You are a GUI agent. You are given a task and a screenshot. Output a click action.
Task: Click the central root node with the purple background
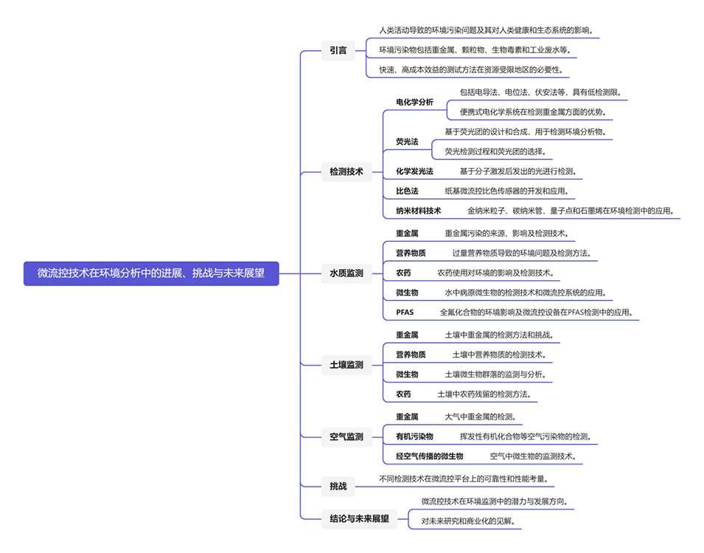coord(151,274)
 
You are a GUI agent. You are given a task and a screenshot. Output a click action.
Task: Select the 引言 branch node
coord(338,51)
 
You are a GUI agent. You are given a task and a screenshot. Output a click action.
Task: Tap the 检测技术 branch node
coord(346,172)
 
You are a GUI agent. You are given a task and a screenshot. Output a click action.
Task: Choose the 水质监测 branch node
coord(346,274)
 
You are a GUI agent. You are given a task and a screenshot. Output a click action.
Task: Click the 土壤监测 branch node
coord(346,364)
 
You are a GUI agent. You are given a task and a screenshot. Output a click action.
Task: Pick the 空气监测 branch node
coord(346,437)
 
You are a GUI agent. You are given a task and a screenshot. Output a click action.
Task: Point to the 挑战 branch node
coord(338,485)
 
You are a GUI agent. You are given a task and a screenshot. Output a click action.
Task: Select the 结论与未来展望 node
coord(359,518)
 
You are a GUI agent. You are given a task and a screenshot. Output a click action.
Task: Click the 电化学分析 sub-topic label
coord(414,102)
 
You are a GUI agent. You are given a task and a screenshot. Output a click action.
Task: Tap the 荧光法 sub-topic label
coord(407,142)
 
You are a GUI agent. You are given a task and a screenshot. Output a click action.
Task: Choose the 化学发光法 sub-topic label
coord(414,171)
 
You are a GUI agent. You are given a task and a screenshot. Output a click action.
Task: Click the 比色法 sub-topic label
coord(407,191)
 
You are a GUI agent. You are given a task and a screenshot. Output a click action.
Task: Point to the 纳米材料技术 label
coord(418,211)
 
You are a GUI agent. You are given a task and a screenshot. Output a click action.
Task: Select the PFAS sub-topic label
coord(405,313)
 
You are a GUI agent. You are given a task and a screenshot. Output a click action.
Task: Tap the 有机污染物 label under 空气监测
coord(414,437)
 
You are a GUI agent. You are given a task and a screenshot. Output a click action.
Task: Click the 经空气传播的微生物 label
coord(429,456)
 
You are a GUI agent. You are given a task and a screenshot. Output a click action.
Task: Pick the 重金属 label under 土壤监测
coord(407,335)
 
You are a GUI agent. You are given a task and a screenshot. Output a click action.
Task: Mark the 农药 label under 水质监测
coord(403,273)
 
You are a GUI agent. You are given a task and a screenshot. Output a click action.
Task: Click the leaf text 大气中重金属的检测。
coord(480,417)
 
